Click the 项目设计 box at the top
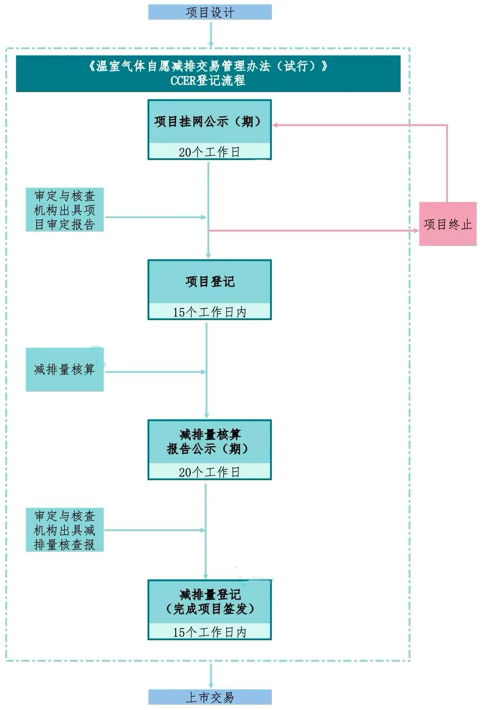pyautogui.click(x=210, y=13)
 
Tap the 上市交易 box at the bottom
pyautogui.click(x=210, y=697)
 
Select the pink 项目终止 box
pyautogui.click(x=448, y=224)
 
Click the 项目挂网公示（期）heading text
pyautogui.click(x=208, y=122)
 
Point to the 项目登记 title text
pyautogui.click(x=210, y=282)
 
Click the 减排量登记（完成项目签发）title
pyautogui.click(x=210, y=602)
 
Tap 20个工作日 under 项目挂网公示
pyautogui.click(x=209, y=152)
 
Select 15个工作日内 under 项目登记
pyautogui.click(x=209, y=312)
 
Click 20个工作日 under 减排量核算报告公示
pyautogui.click(x=209, y=472)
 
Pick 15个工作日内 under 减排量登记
pyautogui.click(x=209, y=632)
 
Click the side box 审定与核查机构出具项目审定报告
pyautogui.click(x=65, y=210)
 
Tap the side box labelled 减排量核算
pyautogui.click(x=65, y=370)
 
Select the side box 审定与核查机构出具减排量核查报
pyautogui.click(x=65, y=530)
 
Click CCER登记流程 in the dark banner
pyautogui.click(x=208, y=80)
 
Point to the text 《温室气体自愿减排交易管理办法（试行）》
pyautogui.click(x=208, y=66)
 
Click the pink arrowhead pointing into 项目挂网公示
pyautogui.click(x=275, y=125)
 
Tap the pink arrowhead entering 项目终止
pyautogui.click(x=416, y=230)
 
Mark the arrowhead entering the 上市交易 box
pyautogui.click(x=211, y=687)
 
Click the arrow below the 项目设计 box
pyautogui.click(x=211, y=34)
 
